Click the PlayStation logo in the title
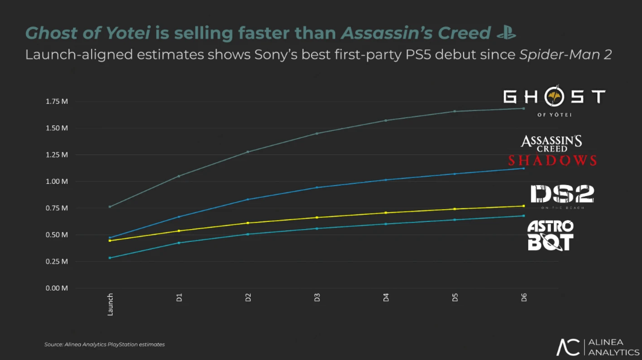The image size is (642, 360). [x=505, y=33]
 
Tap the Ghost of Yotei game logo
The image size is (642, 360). [x=554, y=101]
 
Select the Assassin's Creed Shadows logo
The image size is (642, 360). [x=552, y=151]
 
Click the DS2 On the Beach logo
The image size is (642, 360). [x=562, y=195]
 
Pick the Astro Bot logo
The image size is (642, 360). [x=550, y=235]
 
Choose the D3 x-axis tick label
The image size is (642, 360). [x=317, y=297]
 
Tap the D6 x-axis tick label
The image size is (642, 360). [x=524, y=297]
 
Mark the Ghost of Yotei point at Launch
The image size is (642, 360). [x=110, y=207]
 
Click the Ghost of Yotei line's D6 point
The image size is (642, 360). [x=523, y=109]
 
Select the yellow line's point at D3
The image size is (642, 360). [x=317, y=218]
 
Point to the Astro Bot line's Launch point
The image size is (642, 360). [x=110, y=258]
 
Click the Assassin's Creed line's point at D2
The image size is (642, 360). [x=248, y=200]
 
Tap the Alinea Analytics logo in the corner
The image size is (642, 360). [x=597, y=347]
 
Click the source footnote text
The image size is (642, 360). [x=104, y=344]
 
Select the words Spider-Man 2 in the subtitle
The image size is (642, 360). [x=565, y=55]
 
